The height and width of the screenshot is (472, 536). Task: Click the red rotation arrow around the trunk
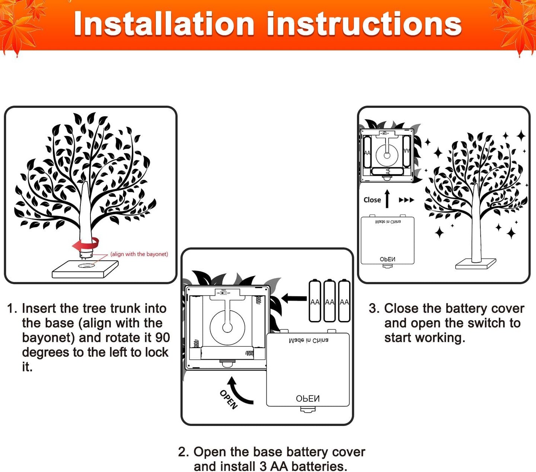(x=86, y=244)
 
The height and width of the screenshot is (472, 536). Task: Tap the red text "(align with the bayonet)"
(x=139, y=254)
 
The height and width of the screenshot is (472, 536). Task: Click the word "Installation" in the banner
(x=164, y=24)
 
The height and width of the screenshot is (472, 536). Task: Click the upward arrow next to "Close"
(x=387, y=199)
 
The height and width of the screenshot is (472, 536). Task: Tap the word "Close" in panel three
(x=372, y=200)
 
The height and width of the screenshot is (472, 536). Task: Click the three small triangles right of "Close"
(x=406, y=200)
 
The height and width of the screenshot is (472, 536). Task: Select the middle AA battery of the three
(x=329, y=301)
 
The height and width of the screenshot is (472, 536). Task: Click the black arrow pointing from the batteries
(x=294, y=298)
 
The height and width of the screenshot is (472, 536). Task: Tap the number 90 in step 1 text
(x=163, y=338)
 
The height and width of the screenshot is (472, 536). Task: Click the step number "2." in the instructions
(x=184, y=452)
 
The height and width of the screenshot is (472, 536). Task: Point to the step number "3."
(x=374, y=308)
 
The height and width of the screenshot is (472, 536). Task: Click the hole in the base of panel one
(x=86, y=266)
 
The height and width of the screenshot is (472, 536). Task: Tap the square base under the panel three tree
(x=476, y=264)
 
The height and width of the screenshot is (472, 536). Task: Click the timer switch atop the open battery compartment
(x=223, y=293)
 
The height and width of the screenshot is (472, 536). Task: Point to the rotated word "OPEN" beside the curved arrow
(x=228, y=399)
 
